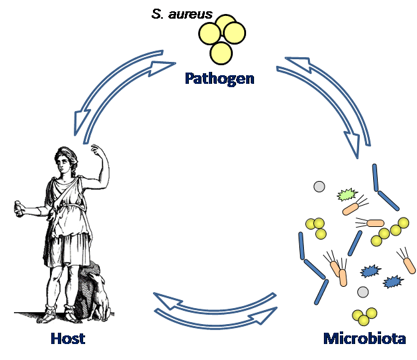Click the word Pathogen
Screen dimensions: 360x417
point(219,79)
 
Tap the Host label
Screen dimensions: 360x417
point(68,339)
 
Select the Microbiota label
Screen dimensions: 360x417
point(364,339)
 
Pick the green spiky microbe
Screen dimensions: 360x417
point(346,195)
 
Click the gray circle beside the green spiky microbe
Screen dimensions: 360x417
point(319,187)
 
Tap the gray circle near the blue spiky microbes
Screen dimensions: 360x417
point(362,292)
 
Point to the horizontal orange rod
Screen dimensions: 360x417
point(375,224)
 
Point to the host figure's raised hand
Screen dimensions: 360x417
point(97,147)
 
